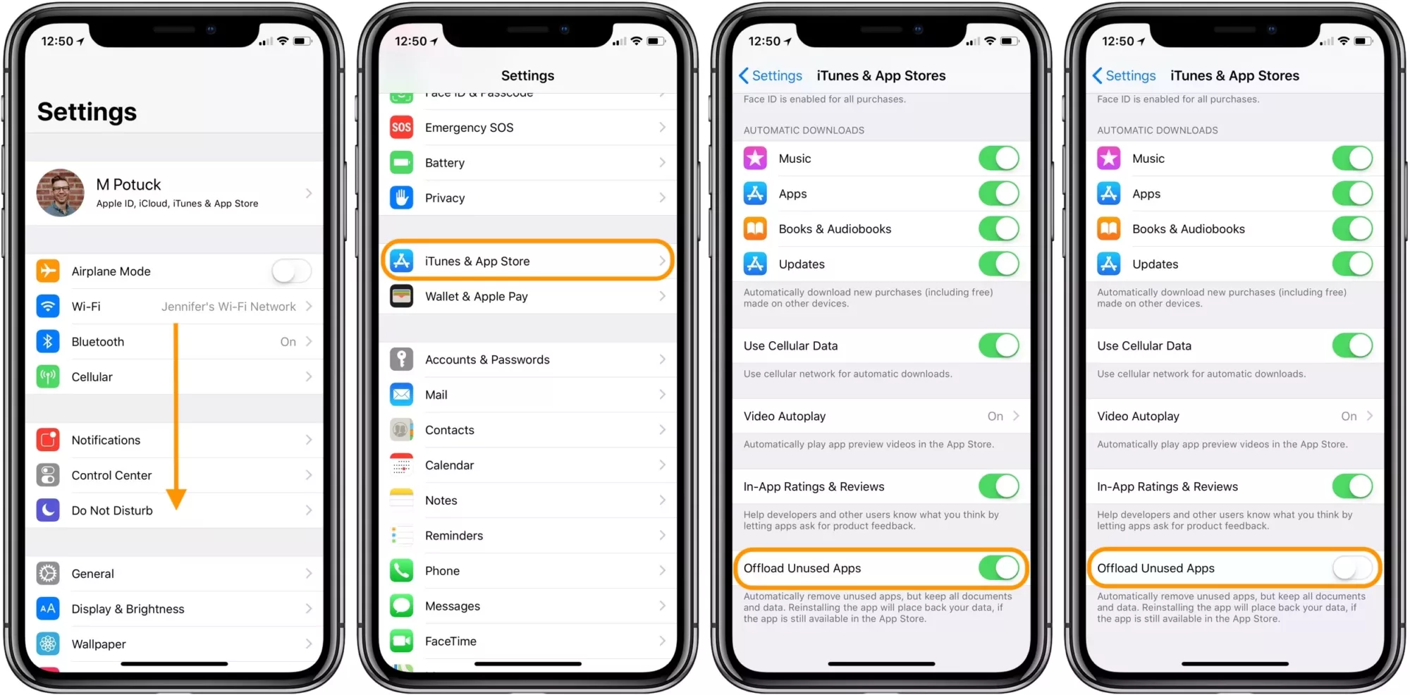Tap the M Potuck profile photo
[61, 192]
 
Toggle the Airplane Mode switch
[291, 271]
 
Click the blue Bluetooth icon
[48, 342]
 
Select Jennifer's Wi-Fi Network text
[228, 307]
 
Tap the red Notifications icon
[48, 440]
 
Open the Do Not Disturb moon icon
[48, 510]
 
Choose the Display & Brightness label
[128, 609]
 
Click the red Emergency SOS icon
[402, 128]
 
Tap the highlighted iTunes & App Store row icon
[402, 261]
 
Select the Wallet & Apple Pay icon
[402, 296]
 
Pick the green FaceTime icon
[402, 641]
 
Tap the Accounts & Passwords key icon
[402, 359]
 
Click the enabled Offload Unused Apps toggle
[998, 568]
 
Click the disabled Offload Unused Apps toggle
[1352, 568]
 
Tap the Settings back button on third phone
[771, 75]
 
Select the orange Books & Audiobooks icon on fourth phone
[1109, 229]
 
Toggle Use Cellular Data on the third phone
[998, 345]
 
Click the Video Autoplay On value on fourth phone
[1349, 417]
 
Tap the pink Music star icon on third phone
[755, 159]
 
